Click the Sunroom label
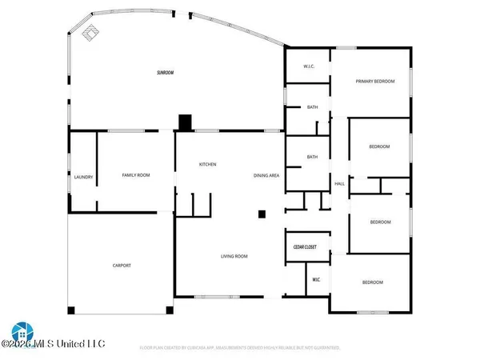166,73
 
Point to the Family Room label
136,175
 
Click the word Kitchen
208,165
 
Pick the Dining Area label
266,175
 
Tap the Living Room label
234,257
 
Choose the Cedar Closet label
304,247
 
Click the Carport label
122,266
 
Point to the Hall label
339,185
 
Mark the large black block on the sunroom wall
185,122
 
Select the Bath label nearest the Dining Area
312,157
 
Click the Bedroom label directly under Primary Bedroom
378,146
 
